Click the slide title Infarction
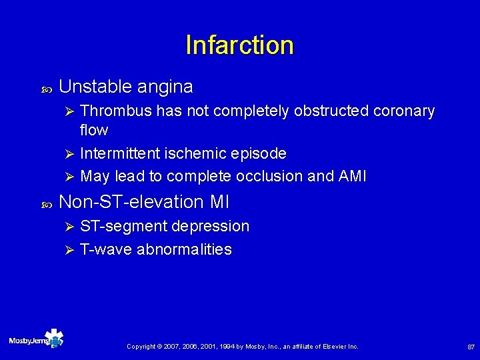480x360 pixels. pyautogui.click(x=239, y=45)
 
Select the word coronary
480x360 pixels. pyautogui.click(x=403, y=111)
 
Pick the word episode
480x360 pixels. pyautogui.click(x=257, y=153)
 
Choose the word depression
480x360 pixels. pyautogui.click(x=211, y=226)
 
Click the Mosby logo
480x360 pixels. pyautogui.click(x=37, y=340)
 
